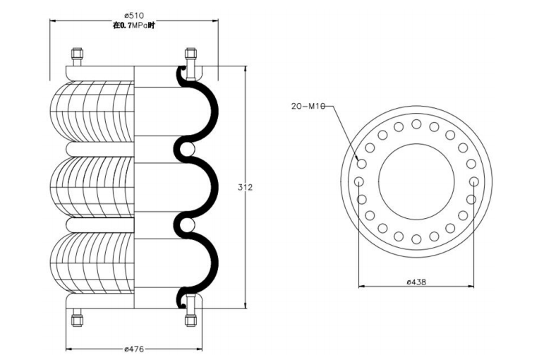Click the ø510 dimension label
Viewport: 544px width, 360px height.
click(134, 16)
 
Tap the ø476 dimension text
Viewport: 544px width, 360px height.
click(134, 349)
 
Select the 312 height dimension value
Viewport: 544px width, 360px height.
click(246, 188)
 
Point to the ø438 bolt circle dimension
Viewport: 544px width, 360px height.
click(416, 282)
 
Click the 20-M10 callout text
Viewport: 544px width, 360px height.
click(308, 107)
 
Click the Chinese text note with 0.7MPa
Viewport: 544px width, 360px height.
click(134, 25)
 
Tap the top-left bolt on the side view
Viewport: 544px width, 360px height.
click(77, 57)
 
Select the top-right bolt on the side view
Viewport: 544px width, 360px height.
click(191, 56)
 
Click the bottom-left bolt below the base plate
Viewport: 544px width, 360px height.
click(77, 318)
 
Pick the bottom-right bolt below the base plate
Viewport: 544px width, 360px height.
click(191, 318)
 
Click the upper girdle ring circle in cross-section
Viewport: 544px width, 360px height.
click(188, 149)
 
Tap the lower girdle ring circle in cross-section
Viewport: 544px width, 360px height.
click(188, 225)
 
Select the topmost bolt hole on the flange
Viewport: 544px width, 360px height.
click(416, 124)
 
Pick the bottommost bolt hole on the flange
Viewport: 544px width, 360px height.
click(416, 239)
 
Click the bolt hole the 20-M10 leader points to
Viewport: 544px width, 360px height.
click(361, 164)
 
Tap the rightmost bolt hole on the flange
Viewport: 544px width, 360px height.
click(474, 181)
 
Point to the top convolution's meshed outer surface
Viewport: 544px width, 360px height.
click(92, 112)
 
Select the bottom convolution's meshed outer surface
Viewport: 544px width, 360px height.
click(92, 263)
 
